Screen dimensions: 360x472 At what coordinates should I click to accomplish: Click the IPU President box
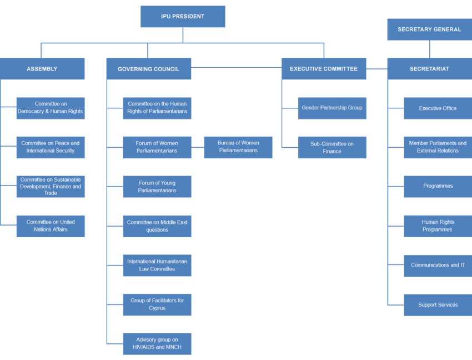(x=183, y=16)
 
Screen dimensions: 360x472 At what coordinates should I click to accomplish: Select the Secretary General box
(x=429, y=29)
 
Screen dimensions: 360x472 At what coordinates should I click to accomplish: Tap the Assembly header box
(x=42, y=69)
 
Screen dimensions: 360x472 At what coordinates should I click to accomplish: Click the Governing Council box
(x=148, y=69)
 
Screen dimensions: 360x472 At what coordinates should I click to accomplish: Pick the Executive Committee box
(x=323, y=69)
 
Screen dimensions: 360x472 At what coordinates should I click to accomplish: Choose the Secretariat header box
(x=429, y=69)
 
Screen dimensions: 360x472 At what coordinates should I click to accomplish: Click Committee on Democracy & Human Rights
(x=51, y=108)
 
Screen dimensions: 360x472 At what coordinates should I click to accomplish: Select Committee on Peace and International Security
(x=51, y=147)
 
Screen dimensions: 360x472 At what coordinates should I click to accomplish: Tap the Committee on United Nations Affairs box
(x=51, y=226)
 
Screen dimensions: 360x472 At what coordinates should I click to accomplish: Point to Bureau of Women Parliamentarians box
(x=238, y=147)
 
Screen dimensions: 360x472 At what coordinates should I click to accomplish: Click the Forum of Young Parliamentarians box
(x=157, y=187)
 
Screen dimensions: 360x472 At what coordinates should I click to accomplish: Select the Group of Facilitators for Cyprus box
(x=157, y=304)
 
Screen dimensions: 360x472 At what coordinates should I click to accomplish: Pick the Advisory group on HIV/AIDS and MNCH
(x=157, y=344)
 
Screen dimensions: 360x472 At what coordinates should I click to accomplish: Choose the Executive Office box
(x=438, y=108)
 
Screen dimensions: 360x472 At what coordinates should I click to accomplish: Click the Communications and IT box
(x=438, y=266)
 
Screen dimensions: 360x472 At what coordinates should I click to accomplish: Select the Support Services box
(x=438, y=305)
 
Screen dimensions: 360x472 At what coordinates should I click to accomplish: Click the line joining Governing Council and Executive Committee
(x=236, y=67)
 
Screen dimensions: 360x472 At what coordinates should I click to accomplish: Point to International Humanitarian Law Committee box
(x=157, y=265)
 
